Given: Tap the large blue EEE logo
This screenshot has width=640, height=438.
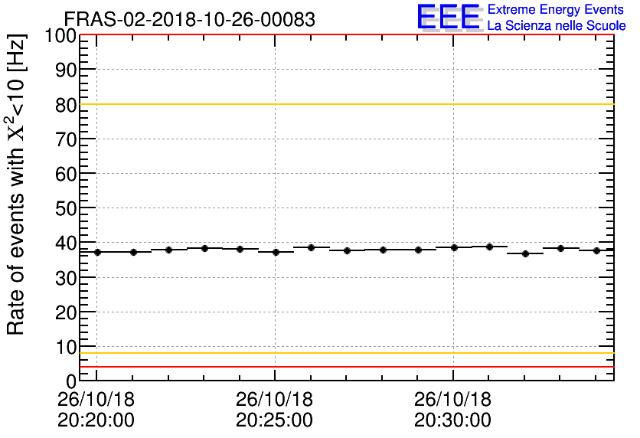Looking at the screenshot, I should pos(449,17).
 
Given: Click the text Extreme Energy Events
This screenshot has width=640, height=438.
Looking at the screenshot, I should pos(556,10).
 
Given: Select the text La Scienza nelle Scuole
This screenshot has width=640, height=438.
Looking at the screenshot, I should pos(556,26).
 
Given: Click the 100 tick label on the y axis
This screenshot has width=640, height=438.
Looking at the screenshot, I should pos(60,36).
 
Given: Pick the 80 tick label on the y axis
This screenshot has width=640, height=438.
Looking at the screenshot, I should pos(66,105).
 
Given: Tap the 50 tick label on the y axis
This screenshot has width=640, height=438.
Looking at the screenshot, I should pos(66,208).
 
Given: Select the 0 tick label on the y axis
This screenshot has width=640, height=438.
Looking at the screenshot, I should pos(71,381).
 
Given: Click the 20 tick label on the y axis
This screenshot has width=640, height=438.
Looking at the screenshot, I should pos(66,312).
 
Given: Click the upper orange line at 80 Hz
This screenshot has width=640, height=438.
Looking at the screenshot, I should pos(344,104).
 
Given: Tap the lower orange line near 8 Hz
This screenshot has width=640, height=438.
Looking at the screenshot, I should pos(344,353).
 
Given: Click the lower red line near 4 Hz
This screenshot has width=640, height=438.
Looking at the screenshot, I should pos(344,367).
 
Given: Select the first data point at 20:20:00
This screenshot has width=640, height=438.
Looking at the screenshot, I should pos(97,252).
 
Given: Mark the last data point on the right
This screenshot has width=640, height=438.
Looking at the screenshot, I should pos(596,250).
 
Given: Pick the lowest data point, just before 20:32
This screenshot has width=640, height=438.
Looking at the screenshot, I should pos(525,253).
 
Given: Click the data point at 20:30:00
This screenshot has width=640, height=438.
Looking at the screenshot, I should pos(454,247).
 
